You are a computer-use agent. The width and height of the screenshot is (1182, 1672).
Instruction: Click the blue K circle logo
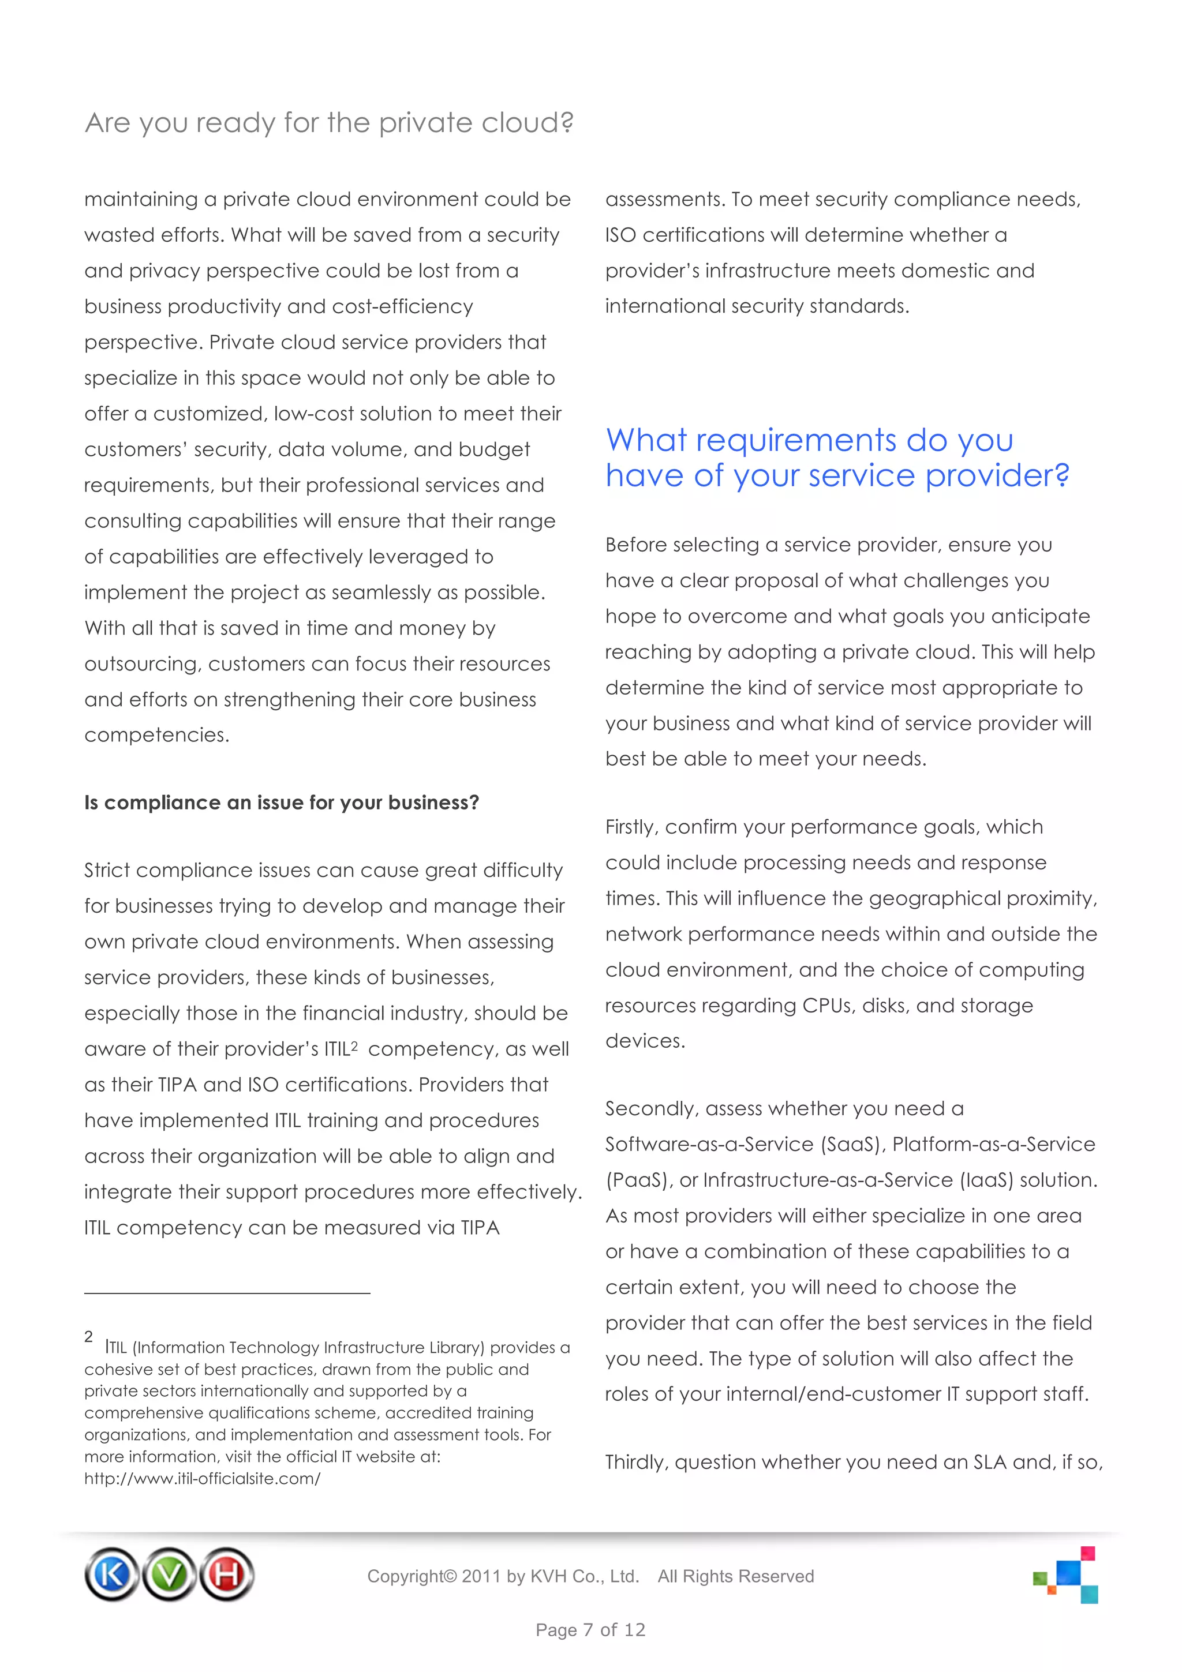coord(111,1574)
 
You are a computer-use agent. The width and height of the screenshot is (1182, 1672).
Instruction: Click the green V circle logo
coord(169,1574)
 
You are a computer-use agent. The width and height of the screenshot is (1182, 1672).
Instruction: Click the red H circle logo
coord(226,1574)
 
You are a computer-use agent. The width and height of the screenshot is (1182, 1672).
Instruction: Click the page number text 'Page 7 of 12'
coord(590,1630)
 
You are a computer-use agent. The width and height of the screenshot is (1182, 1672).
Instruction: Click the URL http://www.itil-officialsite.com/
coord(202,1478)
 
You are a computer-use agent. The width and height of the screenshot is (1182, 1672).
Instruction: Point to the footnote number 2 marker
coord(88,1337)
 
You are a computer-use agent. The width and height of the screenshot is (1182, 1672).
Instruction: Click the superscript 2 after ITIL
coord(355,1046)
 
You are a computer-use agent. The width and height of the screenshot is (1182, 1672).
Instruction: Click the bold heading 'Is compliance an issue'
coord(281,803)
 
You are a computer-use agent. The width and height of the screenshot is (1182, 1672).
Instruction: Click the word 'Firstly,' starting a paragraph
coord(631,827)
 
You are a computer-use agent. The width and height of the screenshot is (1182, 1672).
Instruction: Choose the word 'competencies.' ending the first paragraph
coord(156,736)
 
